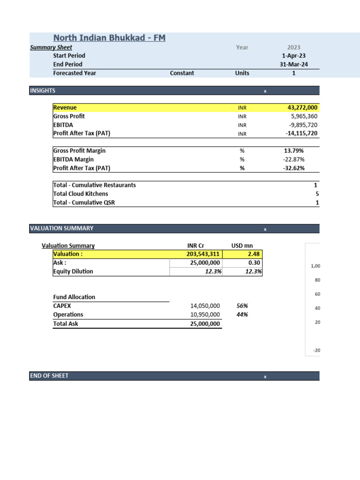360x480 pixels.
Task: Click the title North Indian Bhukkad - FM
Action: [109, 38]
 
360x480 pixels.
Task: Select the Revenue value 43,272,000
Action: [302, 108]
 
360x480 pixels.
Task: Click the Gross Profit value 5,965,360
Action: [304, 116]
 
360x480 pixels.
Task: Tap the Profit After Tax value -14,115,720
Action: [301, 134]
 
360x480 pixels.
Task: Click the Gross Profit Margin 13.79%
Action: [294, 151]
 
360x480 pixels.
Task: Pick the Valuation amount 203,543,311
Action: [203, 254]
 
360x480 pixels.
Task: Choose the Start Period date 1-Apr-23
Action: [293, 56]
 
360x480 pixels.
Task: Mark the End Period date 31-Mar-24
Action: [293, 64]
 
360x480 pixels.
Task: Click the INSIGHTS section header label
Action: [43, 90]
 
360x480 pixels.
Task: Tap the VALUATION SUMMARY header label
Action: [61, 228]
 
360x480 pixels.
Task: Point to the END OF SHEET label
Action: [49, 376]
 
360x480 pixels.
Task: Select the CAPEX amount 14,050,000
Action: [202, 306]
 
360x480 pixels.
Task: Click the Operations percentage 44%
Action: [242, 315]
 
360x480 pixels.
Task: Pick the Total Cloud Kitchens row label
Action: [81, 194]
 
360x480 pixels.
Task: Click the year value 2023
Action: [293, 47]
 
